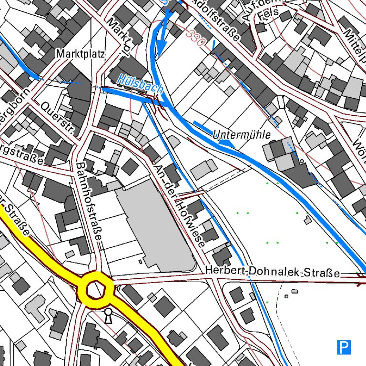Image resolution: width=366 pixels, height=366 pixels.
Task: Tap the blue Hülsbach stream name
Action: [141, 83]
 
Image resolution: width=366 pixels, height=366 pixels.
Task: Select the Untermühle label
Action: [245, 134]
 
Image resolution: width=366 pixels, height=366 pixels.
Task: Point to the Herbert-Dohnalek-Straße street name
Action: [273, 272]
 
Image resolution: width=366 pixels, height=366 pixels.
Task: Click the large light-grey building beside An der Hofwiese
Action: [155, 224]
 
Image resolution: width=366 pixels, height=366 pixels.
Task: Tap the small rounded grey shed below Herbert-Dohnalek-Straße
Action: [295, 291]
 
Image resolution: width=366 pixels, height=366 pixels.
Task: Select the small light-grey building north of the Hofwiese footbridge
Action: [203, 168]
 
